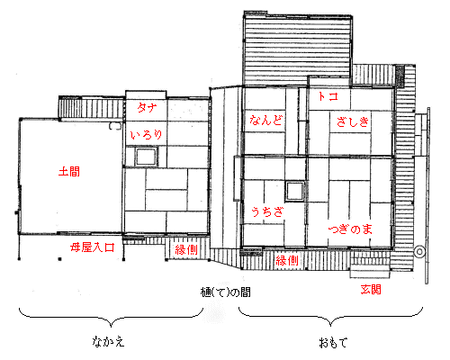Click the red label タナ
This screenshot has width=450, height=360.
coord(147,107)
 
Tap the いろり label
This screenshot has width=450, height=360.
coord(147,135)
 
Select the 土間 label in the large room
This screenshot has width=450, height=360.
coord(69,172)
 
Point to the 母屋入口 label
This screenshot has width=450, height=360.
coord(93,247)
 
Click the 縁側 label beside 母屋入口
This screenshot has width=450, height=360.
coord(186,249)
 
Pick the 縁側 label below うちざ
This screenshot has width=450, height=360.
coord(287,260)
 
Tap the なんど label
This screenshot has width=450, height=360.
coord(266,120)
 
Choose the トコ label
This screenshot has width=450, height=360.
coord(328,96)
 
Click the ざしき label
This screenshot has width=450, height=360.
coord(353,121)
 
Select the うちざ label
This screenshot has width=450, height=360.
coord(267,211)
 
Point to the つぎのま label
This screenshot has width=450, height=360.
coord(350,229)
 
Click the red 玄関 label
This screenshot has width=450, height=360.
coord(371,290)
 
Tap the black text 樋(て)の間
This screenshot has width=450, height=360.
coord(225,292)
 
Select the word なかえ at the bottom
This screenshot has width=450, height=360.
coord(108,342)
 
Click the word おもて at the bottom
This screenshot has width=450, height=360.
coord(333,342)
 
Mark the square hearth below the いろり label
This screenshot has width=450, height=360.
coord(146,157)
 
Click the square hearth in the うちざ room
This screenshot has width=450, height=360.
coord(295,191)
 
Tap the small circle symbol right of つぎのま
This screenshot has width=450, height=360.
coord(419,251)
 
